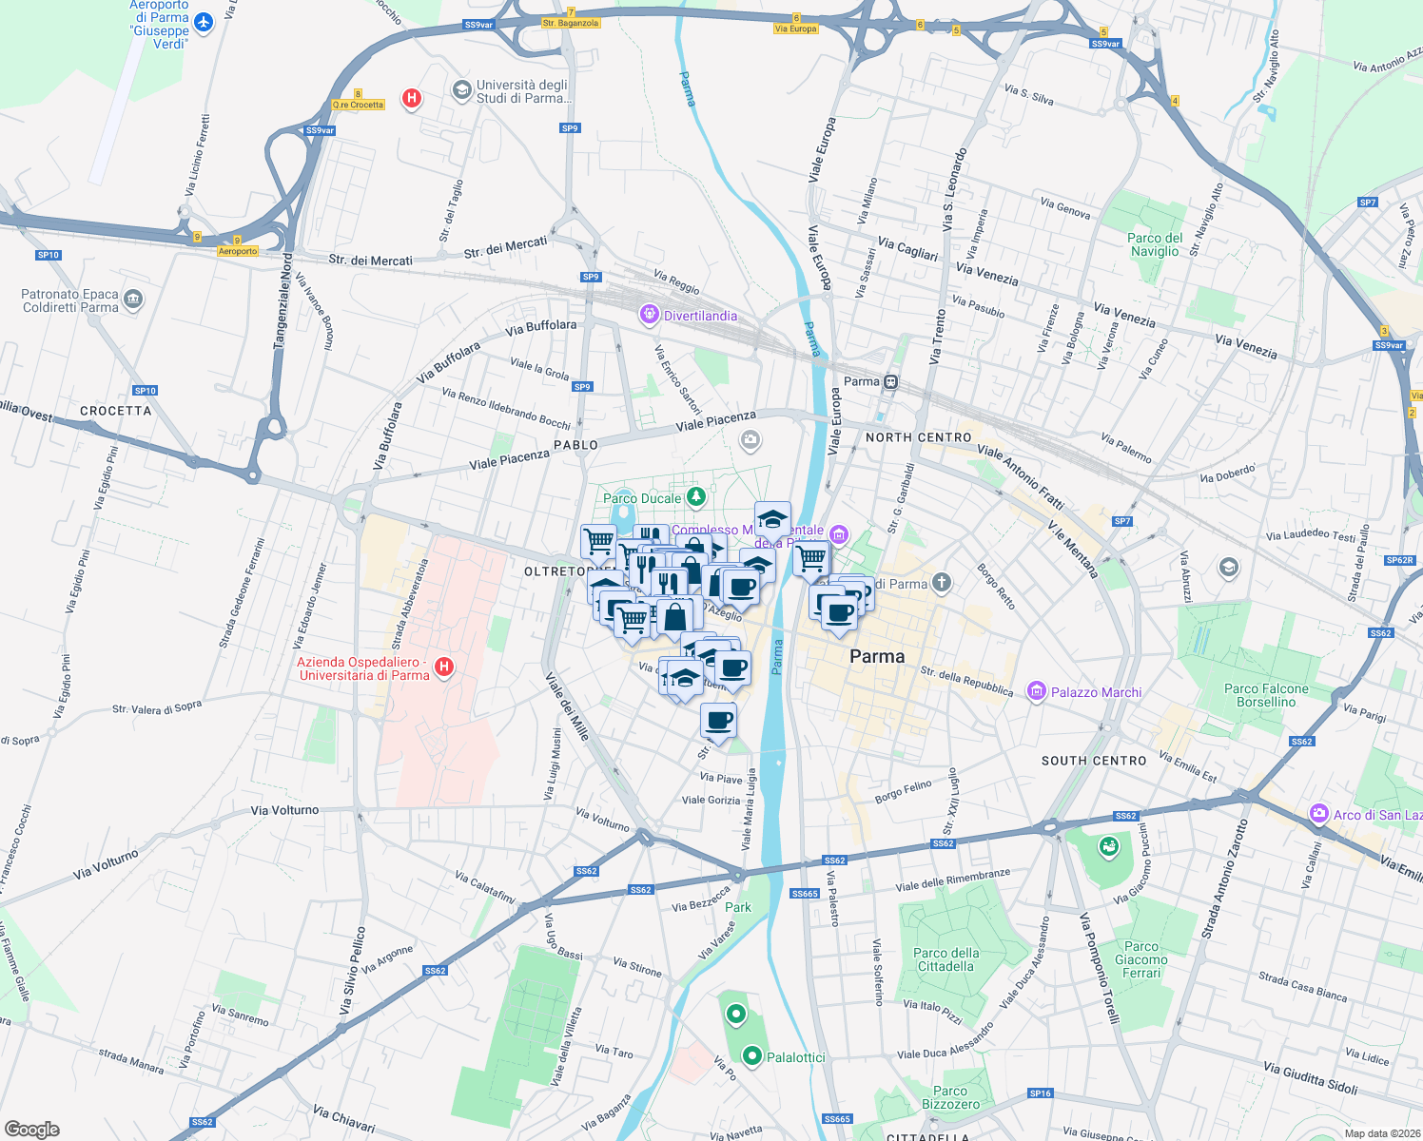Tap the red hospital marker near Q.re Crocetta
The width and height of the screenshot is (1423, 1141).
[x=412, y=98]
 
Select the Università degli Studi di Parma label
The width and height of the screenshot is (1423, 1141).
[x=523, y=91]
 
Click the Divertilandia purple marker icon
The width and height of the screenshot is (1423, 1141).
[x=650, y=314]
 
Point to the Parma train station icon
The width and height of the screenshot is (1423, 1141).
[x=890, y=382]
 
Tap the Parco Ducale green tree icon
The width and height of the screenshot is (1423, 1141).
[x=696, y=496]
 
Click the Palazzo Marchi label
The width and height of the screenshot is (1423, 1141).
[x=1096, y=692]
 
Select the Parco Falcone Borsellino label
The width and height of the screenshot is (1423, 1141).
[x=1266, y=695]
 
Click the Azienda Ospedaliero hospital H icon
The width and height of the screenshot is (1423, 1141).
[x=442, y=667]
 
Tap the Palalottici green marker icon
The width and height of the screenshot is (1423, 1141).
[x=752, y=1055]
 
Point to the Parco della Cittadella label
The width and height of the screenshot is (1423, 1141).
[x=945, y=959]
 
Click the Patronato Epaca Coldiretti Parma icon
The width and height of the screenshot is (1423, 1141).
[x=133, y=300]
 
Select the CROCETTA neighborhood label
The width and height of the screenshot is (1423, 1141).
[x=116, y=411]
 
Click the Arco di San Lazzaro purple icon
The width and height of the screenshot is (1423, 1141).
[x=1318, y=814]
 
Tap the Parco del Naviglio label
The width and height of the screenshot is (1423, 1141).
[x=1155, y=244]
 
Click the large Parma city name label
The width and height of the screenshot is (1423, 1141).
[x=877, y=656]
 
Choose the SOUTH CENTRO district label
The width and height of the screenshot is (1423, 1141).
[x=1094, y=761]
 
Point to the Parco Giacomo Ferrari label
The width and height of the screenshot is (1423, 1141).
[x=1141, y=959]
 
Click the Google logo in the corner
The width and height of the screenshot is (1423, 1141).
[x=32, y=1129]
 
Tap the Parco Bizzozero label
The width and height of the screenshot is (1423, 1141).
[x=950, y=1097]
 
